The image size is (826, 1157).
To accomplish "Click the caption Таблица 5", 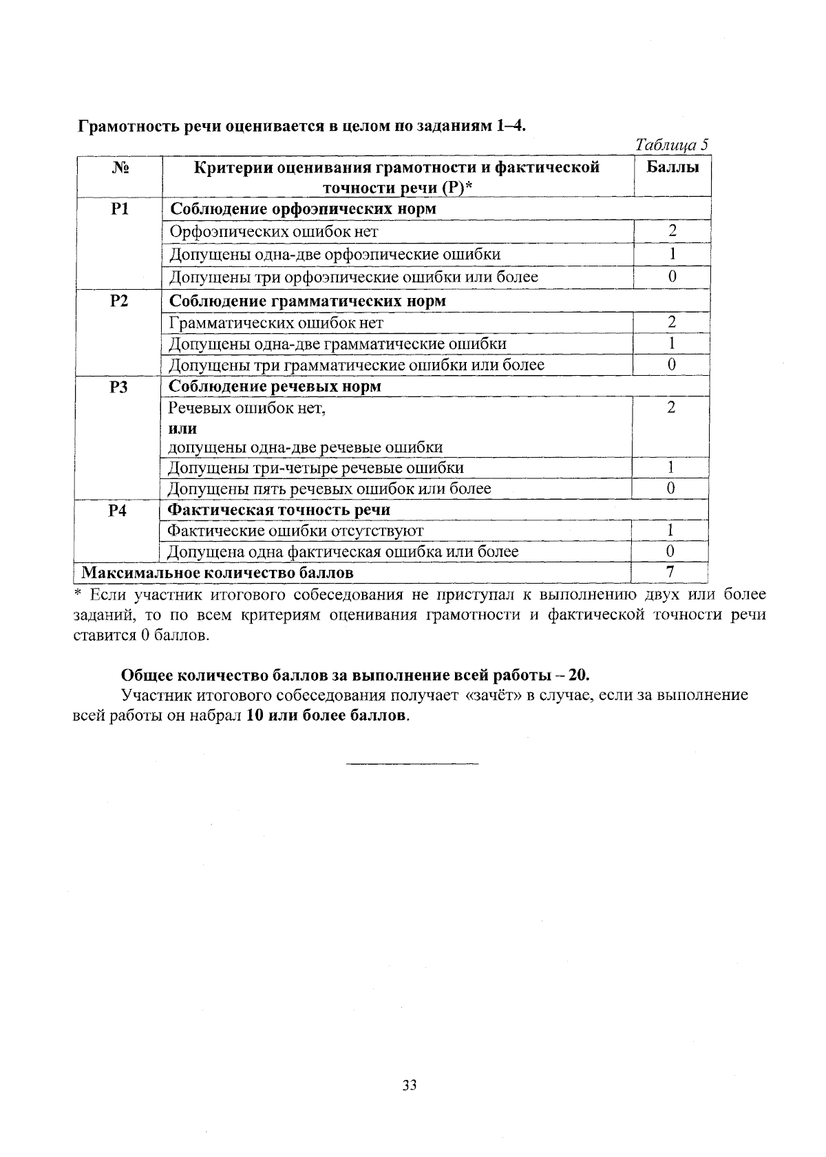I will (x=671, y=145).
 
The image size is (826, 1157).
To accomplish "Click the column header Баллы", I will (x=673, y=167).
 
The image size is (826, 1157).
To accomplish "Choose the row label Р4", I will (x=118, y=511).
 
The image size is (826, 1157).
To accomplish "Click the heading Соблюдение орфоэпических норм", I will (x=303, y=209).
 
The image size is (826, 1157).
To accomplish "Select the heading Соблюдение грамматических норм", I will (x=307, y=301).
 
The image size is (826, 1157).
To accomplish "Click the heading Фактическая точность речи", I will (x=279, y=510).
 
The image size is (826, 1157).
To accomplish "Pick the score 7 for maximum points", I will (x=670, y=572).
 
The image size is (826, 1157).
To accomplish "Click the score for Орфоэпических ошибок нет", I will (x=672, y=231).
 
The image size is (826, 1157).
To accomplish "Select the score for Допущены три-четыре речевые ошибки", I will (x=670, y=468).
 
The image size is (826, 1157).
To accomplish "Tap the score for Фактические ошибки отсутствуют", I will (x=670, y=531).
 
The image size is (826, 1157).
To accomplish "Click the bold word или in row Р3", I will (x=182, y=429).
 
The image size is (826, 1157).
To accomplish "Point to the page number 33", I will (x=410, y=1085).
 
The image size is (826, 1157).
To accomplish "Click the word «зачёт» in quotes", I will (x=494, y=695).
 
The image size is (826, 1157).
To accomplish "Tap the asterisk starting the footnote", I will (x=78, y=593).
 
